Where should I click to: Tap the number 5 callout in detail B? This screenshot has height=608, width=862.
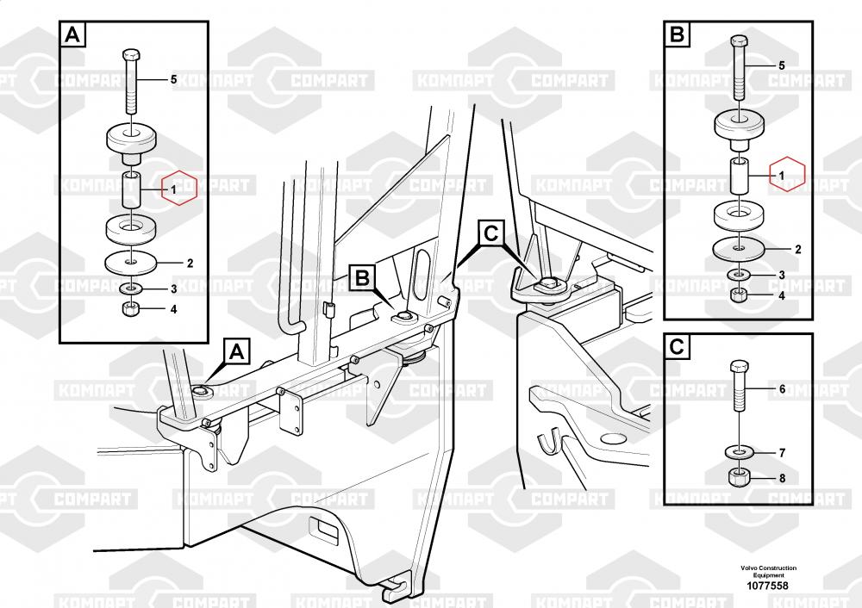(782, 65)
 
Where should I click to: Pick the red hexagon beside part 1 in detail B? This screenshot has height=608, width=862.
(787, 176)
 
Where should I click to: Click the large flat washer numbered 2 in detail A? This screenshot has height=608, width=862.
(130, 259)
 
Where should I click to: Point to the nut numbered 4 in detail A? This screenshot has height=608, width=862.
(130, 309)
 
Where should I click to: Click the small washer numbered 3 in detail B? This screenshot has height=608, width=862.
(739, 276)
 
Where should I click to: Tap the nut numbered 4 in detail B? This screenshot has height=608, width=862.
(739, 295)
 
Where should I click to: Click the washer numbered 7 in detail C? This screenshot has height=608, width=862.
(740, 451)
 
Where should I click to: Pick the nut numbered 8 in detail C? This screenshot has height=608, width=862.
(740, 476)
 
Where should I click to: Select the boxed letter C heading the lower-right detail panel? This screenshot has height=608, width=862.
(678, 347)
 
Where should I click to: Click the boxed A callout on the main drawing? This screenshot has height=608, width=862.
(238, 352)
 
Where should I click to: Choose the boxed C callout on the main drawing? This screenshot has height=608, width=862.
(490, 233)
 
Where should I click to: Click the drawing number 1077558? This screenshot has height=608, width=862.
(768, 586)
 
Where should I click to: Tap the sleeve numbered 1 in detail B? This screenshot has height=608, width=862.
(740, 177)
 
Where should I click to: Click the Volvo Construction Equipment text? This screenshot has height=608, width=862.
(768, 571)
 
